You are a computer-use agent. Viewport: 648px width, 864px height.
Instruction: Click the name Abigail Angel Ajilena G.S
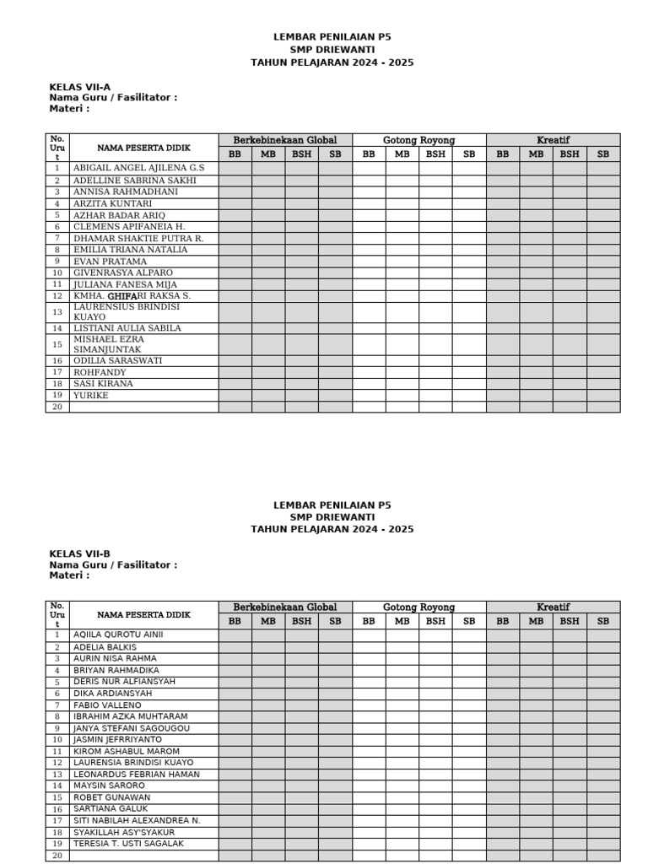pos(138,168)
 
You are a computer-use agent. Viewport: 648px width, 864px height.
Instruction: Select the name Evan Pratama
pos(110,262)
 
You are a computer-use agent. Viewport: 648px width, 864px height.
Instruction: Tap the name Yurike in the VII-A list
pos(90,395)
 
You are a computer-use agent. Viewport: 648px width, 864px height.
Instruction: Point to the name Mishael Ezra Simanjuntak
pos(108,344)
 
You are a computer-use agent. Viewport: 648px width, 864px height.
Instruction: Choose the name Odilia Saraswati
pos(117,360)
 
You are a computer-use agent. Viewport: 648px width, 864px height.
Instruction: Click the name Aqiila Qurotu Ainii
pos(118,634)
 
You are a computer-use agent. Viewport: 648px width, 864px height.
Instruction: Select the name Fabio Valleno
pos(107,705)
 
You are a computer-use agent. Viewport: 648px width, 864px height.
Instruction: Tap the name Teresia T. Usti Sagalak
pos(128,844)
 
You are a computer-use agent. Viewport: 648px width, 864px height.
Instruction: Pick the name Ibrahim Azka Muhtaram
pos(130,716)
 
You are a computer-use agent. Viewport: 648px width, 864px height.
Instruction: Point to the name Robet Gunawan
pos(111,797)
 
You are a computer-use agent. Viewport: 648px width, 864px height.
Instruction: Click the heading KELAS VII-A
pos(79,87)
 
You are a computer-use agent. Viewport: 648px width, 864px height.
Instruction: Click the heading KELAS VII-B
pos(79,554)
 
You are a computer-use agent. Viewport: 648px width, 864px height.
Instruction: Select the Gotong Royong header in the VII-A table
pos(418,140)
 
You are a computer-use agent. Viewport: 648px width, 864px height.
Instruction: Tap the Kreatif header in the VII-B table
pos(553,607)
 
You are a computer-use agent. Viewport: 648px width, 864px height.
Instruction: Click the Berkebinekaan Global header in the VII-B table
pos(285,607)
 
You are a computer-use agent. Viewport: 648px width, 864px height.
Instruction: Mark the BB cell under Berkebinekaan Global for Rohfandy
pos(235,372)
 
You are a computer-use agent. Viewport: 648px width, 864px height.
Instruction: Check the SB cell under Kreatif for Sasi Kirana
pos(602,384)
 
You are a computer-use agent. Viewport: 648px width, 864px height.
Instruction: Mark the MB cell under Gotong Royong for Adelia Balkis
pos(402,647)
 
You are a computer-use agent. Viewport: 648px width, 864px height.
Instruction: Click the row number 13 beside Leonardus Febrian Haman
pos(57,775)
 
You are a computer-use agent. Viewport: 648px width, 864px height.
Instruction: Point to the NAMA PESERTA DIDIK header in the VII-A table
pos(143,148)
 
